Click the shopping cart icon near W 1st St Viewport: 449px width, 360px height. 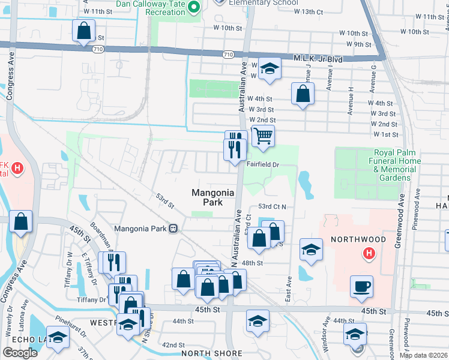click(262, 137)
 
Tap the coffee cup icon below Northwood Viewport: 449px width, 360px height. click(361, 286)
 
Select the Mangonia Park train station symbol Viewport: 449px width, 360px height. click(173, 228)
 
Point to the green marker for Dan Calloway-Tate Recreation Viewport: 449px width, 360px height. click(194, 7)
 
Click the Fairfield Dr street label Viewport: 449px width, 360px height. click(263, 164)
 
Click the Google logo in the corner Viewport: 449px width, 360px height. click(20, 353)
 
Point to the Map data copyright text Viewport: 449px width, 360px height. click(423, 355)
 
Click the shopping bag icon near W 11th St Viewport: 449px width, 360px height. click(83, 29)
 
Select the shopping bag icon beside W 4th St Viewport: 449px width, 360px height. click(303, 94)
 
